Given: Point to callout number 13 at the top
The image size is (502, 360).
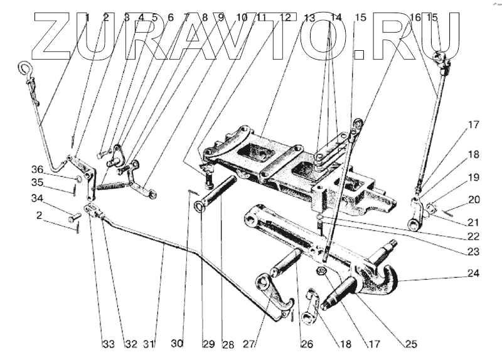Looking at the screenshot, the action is pos(309,18).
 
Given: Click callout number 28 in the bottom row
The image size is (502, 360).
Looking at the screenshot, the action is pos(227,344).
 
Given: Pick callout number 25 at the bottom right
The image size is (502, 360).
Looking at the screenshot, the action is pos(412,344).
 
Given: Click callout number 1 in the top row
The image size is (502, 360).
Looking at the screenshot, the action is pos(87,18).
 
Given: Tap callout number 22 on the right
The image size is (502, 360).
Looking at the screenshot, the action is pos(473,236).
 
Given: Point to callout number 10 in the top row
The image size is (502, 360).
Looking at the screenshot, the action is pos(241,18).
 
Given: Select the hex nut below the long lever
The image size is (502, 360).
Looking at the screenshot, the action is pos(319,271).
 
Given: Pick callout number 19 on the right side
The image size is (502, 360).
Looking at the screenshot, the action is pos(473,177).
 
